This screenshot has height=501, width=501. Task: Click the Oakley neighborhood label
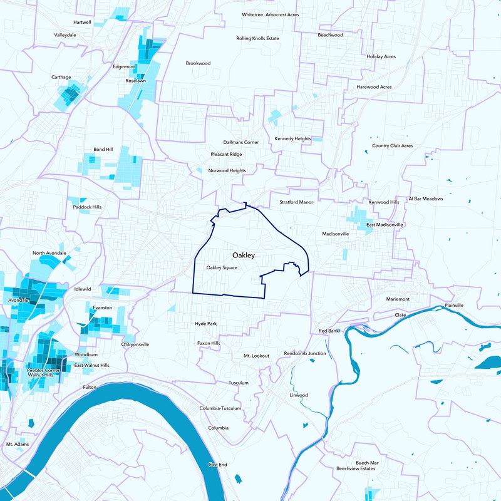(243, 256)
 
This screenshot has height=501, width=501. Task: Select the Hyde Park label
(205, 324)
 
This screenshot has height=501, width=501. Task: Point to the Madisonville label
(335, 234)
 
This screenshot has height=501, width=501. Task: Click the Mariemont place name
(398, 299)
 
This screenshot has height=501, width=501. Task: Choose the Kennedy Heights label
(292, 138)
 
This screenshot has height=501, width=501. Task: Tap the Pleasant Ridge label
(226, 154)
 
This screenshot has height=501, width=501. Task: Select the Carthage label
(61, 78)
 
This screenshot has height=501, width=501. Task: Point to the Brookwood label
(198, 63)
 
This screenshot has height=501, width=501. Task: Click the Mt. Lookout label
(256, 356)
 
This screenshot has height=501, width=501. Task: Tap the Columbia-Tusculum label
(220, 408)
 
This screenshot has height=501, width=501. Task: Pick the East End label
(218, 465)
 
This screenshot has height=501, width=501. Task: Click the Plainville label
(454, 305)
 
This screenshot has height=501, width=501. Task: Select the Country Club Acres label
(392, 146)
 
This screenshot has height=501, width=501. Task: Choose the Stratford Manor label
(296, 202)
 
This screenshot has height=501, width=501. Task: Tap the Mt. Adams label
(18, 444)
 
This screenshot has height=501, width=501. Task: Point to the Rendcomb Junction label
(305, 353)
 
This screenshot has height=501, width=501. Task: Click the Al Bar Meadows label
(425, 199)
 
